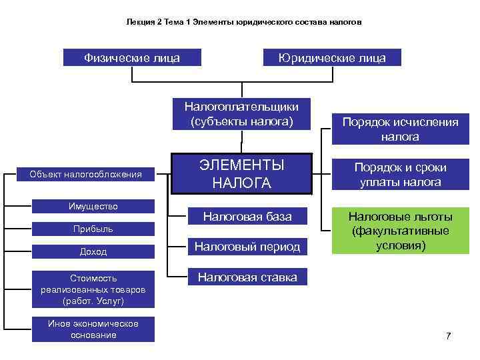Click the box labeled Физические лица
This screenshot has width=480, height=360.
(131, 58)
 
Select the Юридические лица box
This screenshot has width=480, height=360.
(332, 58)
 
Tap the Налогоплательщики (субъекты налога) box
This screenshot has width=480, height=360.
(241, 114)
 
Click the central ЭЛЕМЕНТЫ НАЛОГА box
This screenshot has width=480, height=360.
(241, 174)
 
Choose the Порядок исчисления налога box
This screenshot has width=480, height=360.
(400, 129)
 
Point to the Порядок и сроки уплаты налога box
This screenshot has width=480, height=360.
(400, 175)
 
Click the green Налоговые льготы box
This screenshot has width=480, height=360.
(400, 231)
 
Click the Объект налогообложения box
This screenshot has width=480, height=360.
(85, 175)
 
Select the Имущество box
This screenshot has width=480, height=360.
(93, 206)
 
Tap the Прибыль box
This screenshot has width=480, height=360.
(93, 229)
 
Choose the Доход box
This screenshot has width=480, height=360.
(93, 251)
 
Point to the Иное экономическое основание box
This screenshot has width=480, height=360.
(93, 329)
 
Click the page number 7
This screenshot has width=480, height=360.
(448, 335)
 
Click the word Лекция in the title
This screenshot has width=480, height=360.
(140, 22)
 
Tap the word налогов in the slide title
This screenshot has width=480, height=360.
(346, 22)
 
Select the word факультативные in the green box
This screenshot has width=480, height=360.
(400, 231)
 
